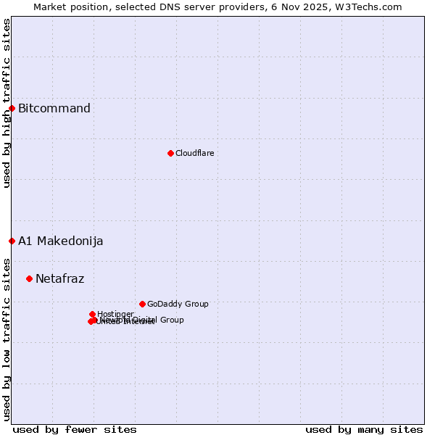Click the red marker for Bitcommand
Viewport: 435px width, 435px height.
(12, 108)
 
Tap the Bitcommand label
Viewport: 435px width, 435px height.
(54, 109)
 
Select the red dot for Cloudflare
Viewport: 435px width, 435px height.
(170, 153)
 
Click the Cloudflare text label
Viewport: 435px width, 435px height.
(194, 153)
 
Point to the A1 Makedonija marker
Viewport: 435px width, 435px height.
(12, 241)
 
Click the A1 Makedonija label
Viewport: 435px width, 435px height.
(61, 241)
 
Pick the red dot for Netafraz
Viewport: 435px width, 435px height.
(29, 278)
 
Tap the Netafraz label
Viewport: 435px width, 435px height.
(60, 279)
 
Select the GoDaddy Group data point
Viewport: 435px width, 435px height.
(142, 304)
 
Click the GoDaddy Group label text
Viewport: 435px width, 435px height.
(178, 304)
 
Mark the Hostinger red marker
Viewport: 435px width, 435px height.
(93, 314)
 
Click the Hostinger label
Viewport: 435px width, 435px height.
(115, 314)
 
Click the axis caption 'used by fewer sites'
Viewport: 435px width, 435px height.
(75, 430)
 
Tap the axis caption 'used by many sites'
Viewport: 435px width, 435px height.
(364, 430)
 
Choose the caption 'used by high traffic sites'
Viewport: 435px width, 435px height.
(7, 103)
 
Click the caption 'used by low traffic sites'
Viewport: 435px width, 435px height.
(7, 339)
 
